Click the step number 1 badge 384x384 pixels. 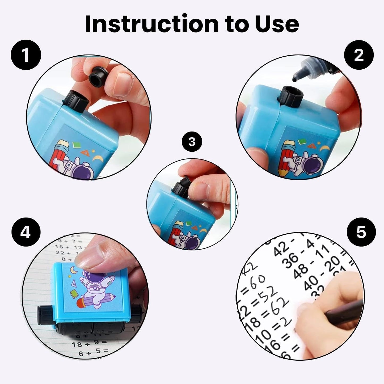[26, 55]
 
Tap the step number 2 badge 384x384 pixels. [359, 55]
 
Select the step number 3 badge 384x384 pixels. [192, 142]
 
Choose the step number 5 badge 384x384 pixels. [361, 232]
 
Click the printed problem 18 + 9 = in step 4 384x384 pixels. [89, 344]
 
